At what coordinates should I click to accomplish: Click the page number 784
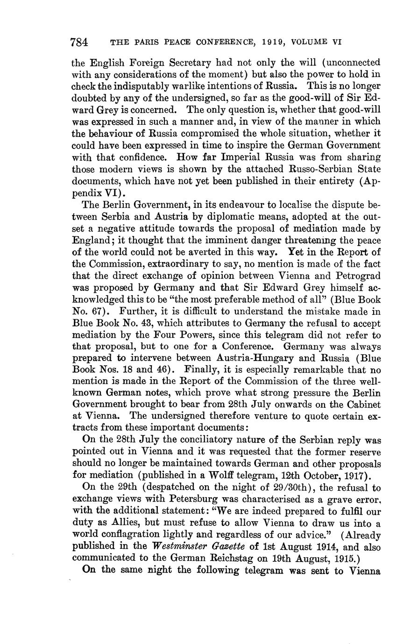[79, 42]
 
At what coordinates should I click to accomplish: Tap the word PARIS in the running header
[143, 42]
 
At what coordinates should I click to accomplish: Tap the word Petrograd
[357, 276]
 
